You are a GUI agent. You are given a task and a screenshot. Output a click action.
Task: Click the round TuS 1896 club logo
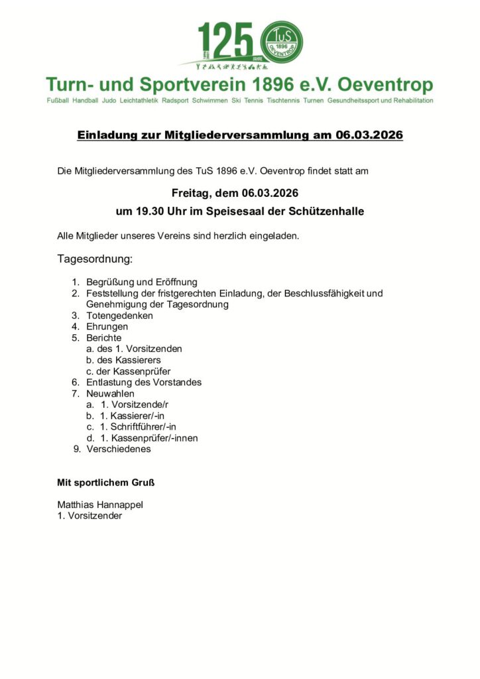pos(282,42)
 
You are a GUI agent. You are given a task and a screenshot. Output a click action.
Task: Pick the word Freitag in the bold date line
pos(192,194)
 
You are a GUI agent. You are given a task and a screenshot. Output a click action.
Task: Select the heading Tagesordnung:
pos(95,258)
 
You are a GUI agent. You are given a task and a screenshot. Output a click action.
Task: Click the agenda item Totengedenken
pos(119,316)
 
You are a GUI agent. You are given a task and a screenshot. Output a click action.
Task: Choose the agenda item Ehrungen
pos(107,327)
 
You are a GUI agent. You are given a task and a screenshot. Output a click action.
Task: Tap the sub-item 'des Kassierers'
pos(129,360)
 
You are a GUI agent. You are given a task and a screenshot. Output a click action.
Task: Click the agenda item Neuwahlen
pos(110,393)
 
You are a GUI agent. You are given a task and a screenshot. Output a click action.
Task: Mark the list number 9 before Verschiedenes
pos(77,449)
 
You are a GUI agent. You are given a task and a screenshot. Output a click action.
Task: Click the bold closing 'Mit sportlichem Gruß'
pos(106,482)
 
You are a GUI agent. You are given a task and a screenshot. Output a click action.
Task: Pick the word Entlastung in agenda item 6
pos(109,382)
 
